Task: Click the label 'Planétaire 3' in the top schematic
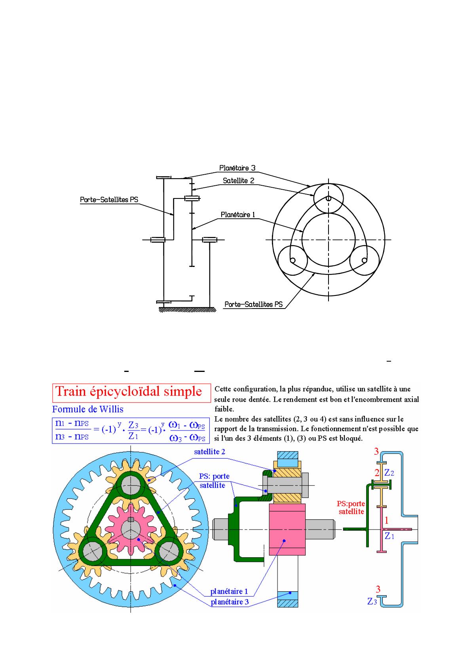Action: coord(237,168)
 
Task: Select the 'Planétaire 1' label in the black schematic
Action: coord(238,215)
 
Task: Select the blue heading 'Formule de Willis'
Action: coord(87,409)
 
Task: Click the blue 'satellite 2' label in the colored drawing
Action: coord(210,452)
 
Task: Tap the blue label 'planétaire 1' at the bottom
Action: coord(229,591)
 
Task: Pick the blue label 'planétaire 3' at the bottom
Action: coord(229,602)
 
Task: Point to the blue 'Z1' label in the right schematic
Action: coord(389,536)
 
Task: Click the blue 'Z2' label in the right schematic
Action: coord(389,473)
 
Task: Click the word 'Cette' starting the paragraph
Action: coord(223,389)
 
